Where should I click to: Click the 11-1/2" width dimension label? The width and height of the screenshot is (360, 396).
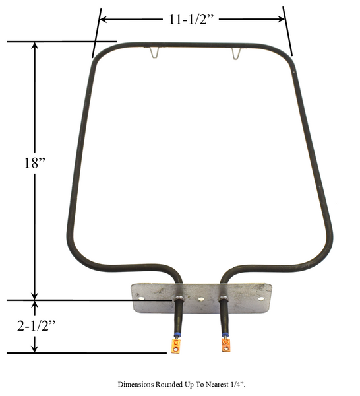click(191, 19)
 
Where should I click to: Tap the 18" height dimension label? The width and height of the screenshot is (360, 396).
click(34, 162)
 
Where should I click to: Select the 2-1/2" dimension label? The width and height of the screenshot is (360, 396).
click(36, 326)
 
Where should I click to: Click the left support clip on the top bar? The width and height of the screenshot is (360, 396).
click(155, 53)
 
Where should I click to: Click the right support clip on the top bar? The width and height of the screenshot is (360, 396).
click(236, 53)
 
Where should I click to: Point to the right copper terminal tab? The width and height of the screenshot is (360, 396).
click(225, 345)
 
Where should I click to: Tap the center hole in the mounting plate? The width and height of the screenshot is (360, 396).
click(201, 299)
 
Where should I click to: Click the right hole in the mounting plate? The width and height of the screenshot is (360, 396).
click(261, 299)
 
